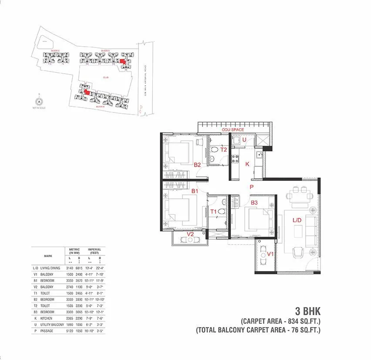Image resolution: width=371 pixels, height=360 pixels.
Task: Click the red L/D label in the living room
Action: tap(297, 221)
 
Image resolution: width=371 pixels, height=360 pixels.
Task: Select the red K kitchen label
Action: tap(247, 164)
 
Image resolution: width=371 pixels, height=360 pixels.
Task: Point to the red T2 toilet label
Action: tap(224, 149)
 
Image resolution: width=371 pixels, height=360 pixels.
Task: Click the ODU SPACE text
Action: tap(233, 130)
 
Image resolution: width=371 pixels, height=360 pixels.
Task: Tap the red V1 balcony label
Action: tap(270, 254)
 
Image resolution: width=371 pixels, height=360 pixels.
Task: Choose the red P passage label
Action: tap(252, 187)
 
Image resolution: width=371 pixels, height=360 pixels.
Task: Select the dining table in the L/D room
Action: tap(301, 194)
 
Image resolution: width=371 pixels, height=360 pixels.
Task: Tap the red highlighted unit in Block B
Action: tap(87, 92)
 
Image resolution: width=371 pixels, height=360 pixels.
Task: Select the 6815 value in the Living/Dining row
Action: tap(79, 268)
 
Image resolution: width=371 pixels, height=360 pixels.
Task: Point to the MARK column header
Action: tap(48, 256)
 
